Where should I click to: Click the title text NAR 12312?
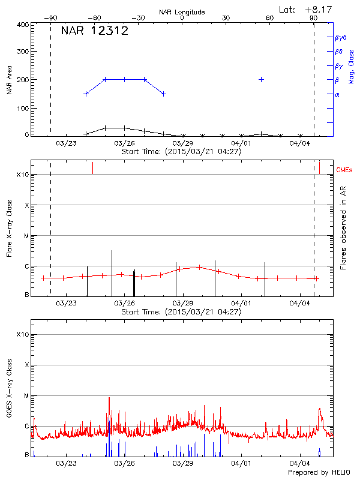click(94, 31)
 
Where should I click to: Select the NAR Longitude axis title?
click(182, 12)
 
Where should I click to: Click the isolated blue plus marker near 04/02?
click(261, 79)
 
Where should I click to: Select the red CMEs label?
click(346, 170)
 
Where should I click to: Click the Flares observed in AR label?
click(343, 228)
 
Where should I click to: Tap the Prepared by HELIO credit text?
click(318, 473)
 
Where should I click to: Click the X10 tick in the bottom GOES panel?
click(23, 334)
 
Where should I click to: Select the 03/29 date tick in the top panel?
click(182, 143)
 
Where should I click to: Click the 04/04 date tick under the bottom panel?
click(299, 463)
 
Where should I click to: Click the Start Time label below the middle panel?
click(181, 311)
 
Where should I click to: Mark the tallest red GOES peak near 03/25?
click(109, 398)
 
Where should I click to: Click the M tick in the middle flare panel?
click(26, 236)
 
